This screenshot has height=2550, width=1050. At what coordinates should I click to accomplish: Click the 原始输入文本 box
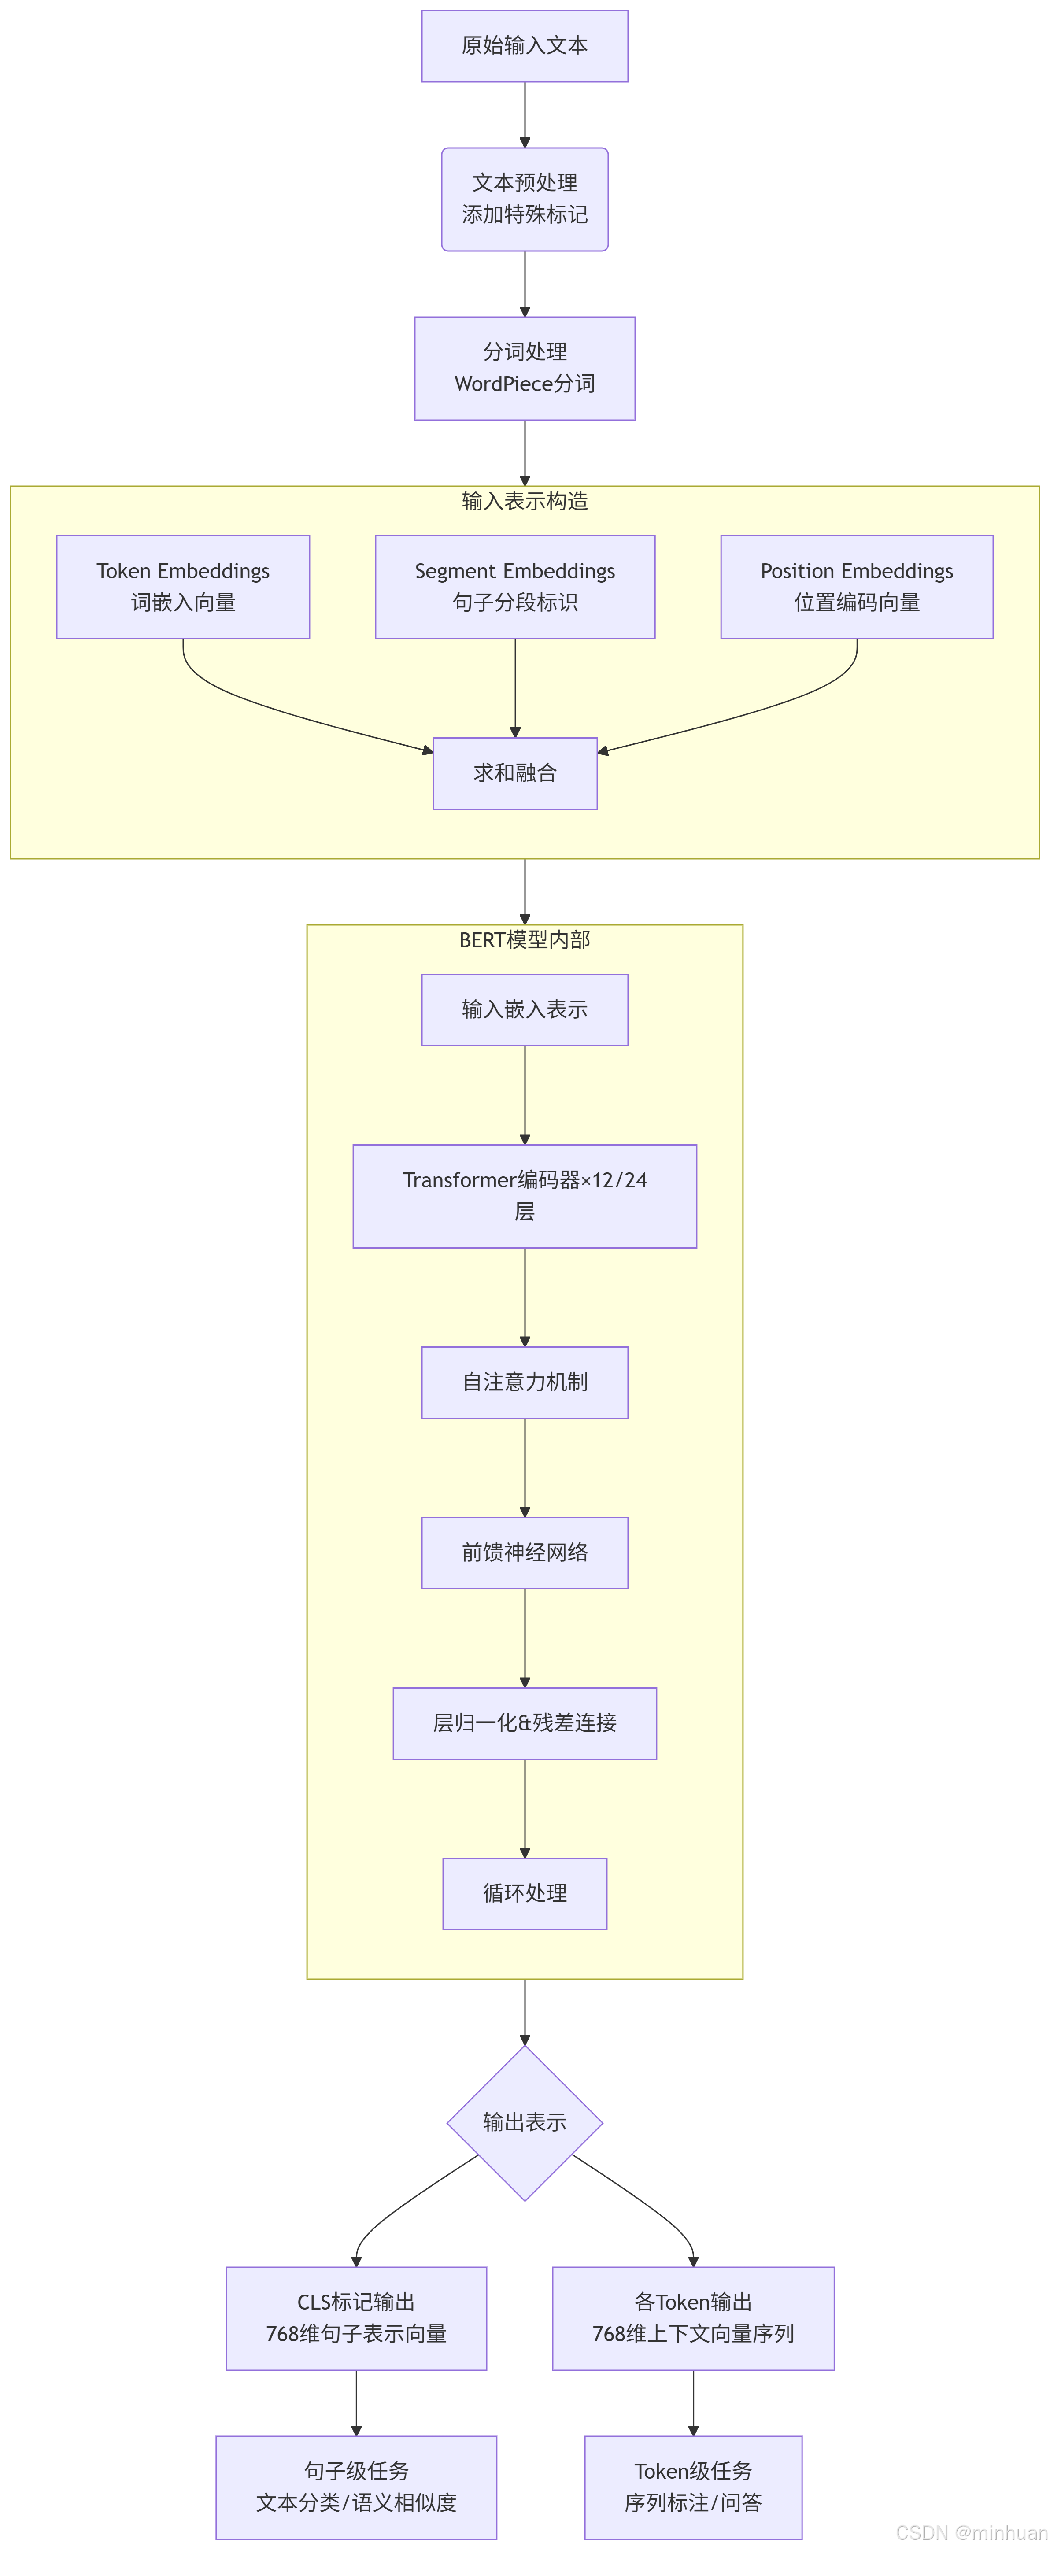(525, 45)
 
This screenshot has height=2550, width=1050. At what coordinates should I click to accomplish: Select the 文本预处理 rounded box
(525, 199)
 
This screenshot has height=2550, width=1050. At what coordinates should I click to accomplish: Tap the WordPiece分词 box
(525, 368)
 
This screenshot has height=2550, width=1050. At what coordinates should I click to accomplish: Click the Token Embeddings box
(183, 587)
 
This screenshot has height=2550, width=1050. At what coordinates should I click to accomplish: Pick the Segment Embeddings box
(514, 587)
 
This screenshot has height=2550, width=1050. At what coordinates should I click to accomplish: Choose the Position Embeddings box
(856, 587)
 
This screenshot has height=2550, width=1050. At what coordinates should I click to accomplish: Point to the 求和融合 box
(514, 773)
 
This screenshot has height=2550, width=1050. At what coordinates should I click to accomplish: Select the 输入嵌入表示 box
(525, 1010)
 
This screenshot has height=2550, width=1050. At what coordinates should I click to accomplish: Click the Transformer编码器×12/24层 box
(525, 1196)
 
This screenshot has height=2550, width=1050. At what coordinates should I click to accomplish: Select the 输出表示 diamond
(525, 2122)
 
